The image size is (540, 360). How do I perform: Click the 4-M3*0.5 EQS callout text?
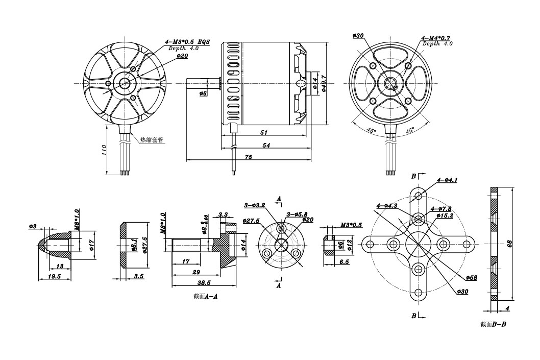click(187, 42)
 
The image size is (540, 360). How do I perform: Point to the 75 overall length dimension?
click(249, 157)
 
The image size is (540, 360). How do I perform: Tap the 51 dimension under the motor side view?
click(264, 133)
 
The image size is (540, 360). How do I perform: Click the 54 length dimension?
click(266, 146)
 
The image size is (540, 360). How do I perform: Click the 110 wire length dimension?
click(104, 150)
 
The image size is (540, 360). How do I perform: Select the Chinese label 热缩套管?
click(153, 139)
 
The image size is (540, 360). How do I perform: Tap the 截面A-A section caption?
click(205, 296)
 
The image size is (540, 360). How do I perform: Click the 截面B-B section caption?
click(493, 324)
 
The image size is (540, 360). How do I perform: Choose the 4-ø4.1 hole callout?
click(447, 180)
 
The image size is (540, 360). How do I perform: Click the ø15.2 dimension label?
click(445, 215)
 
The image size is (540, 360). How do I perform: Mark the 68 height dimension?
click(509, 244)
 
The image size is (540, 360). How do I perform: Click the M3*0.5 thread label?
click(351, 225)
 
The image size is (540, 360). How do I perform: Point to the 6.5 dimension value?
click(344, 261)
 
